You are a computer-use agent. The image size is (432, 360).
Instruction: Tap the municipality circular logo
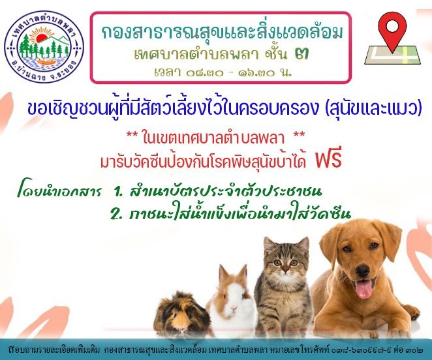click(44, 47)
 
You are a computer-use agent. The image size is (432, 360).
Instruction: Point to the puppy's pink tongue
click(363, 288)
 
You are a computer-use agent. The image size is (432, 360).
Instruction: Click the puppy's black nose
click(363, 270)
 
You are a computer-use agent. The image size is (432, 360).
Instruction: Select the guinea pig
click(182, 316)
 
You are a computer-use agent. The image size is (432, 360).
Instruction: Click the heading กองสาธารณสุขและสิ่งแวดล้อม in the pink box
click(223, 33)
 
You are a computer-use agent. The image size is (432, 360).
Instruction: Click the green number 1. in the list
click(118, 192)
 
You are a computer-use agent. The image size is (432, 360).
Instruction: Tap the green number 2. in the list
click(116, 214)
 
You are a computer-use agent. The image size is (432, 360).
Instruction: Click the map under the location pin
click(392, 55)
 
